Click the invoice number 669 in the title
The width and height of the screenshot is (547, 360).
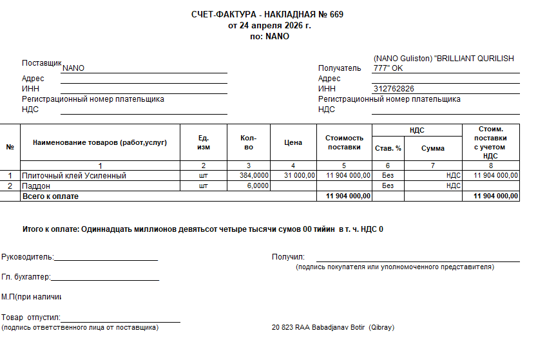click(x=336, y=15)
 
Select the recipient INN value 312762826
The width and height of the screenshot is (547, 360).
click(x=394, y=89)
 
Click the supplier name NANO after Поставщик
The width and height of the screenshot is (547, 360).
click(x=73, y=68)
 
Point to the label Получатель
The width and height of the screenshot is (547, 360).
click(x=340, y=68)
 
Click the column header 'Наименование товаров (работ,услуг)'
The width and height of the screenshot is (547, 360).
click(x=100, y=143)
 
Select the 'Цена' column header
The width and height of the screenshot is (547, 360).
click(x=293, y=143)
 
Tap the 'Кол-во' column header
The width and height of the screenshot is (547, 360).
click(x=249, y=143)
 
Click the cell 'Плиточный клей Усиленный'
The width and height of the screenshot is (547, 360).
click(x=74, y=175)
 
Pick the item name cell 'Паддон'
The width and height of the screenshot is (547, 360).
click(x=37, y=185)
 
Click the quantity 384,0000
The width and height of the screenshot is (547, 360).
click(x=254, y=175)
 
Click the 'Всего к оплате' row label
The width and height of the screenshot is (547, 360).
click(x=50, y=196)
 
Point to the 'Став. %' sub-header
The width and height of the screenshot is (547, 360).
click(x=388, y=148)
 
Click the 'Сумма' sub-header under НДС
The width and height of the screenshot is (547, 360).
click(x=433, y=148)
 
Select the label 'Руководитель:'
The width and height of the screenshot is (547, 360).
click(x=27, y=257)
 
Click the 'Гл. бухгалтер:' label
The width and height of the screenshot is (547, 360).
click(x=26, y=278)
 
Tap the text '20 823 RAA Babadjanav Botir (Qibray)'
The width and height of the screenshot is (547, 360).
click(x=333, y=328)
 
